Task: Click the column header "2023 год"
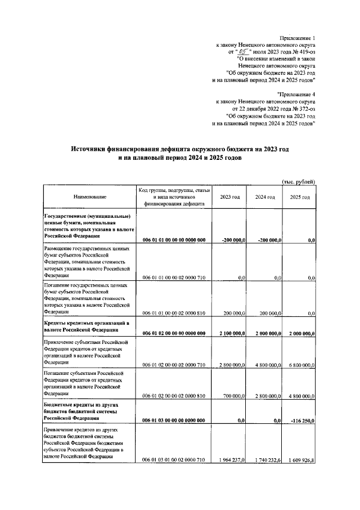pos(229,197)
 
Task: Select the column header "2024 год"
pos(264,197)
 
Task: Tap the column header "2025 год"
pos(299,197)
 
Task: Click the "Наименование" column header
pos(89,197)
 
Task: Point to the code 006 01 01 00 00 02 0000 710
pos(174,278)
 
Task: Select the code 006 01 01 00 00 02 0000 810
pos(174,311)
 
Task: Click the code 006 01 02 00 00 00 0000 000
pos(174,333)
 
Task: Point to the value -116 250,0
pos(303,420)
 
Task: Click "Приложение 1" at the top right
pos(300,35)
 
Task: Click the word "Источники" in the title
pos(91,149)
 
